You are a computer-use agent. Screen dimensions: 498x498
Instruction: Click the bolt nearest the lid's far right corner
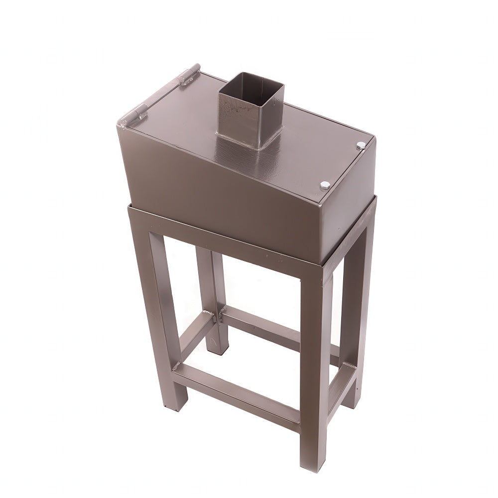coord(361,145)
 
